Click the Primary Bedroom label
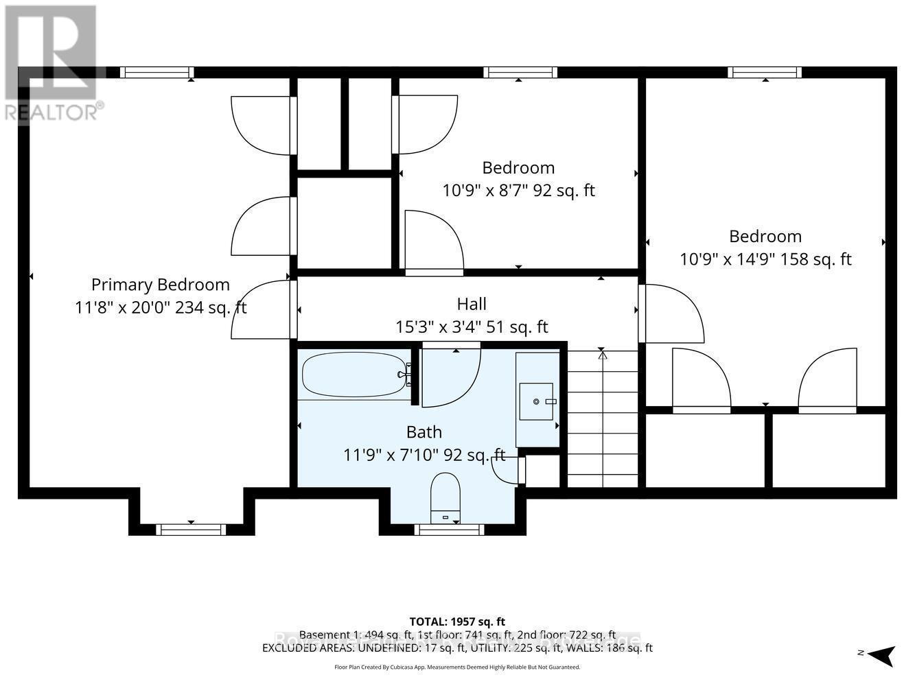tap(160, 285)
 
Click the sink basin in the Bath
tap(536, 401)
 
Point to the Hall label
tap(472, 304)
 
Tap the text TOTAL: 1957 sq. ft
tap(457, 622)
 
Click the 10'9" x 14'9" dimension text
tap(765, 259)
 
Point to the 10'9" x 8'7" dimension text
tap(518, 191)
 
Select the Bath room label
tap(424, 432)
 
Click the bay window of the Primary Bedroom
tap(191, 529)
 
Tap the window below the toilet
tap(450, 530)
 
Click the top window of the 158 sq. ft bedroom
tap(765, 72)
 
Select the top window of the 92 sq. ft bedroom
tap(520, 72)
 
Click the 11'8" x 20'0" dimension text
tap(160, 308)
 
